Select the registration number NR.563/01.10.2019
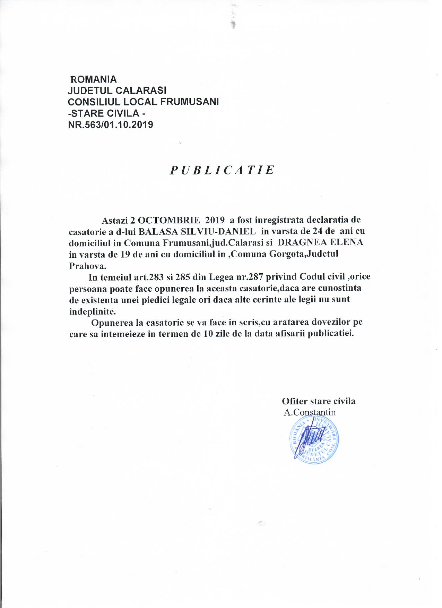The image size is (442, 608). pos(111,125)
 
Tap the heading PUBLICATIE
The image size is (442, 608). pos(222,170)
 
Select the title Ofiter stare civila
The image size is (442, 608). pos(319,401)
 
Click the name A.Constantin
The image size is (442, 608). pos(310,412)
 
